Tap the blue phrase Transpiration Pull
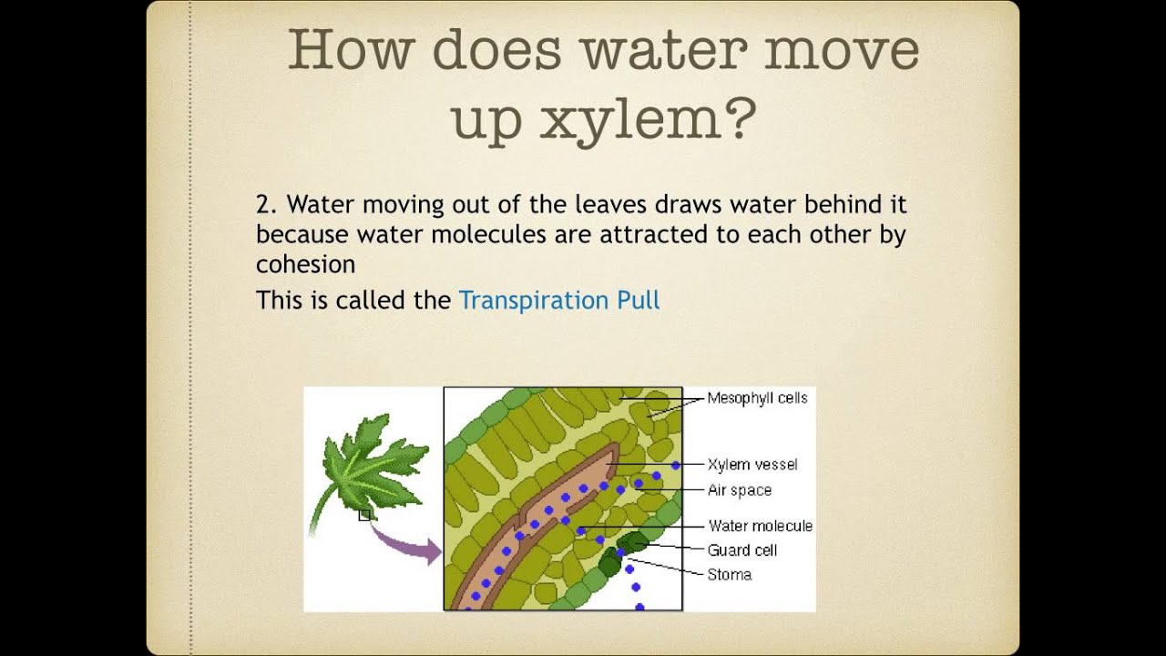[559, 300]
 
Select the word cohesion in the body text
[305, 264]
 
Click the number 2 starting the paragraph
[265, 204]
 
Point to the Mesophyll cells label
[757, 398]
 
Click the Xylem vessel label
[752, 465]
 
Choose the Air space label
[739, 490]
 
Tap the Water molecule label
[760, 526]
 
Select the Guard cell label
[742, 550]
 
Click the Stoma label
[729, 575]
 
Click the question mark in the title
[741, 119]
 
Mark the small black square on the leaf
[364, 516]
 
